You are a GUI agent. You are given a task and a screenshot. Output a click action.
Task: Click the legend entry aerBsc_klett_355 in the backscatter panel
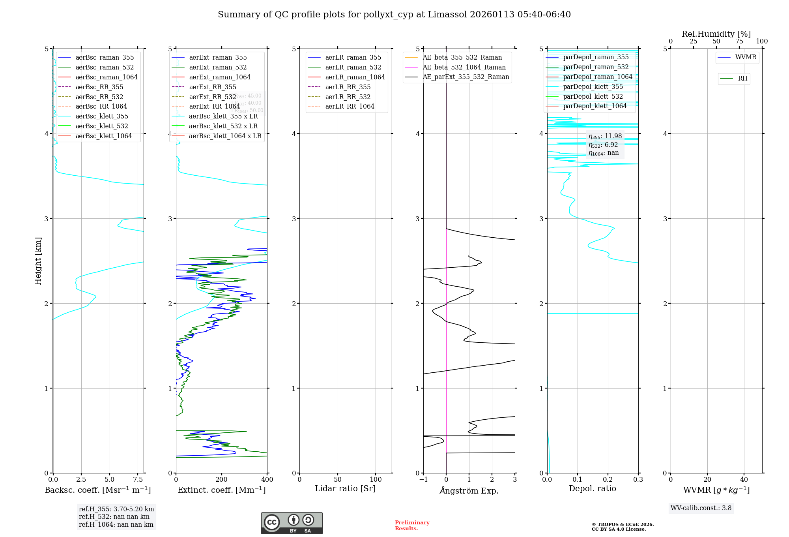click(101, 116)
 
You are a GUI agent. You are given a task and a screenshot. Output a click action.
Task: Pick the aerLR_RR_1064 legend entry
click(350, 106)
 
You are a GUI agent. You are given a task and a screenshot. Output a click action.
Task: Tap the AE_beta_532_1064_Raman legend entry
click(464, 67)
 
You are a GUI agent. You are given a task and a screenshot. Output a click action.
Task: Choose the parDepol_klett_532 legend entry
click(593, 96)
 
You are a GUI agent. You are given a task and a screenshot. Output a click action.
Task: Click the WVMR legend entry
click(746, 57)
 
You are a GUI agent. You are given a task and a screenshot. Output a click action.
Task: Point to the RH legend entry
click(742, 79)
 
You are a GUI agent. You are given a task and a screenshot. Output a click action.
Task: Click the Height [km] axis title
click(38, 261)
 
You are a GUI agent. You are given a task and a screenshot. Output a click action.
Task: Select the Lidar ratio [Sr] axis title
click(345, 488)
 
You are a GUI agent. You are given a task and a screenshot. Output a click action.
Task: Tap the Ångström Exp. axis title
click(469, 490)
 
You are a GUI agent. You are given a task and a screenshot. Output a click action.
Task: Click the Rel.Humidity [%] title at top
click(716, 34)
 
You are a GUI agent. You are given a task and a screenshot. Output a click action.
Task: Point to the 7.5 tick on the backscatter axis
click(138, 480)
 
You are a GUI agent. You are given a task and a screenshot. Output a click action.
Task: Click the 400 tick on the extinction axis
click(267, 480)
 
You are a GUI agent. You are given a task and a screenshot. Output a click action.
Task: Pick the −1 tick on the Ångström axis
click(423, 480)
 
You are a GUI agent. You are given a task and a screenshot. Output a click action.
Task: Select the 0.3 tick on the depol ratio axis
click(638, 480)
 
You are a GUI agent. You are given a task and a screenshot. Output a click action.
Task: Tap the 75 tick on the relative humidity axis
click(739, 41)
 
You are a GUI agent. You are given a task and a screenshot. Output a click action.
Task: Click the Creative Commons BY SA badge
click(292, 523)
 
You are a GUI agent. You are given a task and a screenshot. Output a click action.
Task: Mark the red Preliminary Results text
click(412, 526)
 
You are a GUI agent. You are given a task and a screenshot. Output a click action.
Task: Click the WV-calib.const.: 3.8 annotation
click(701, 508)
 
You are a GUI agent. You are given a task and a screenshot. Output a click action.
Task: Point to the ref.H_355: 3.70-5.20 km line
click(116, 509)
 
